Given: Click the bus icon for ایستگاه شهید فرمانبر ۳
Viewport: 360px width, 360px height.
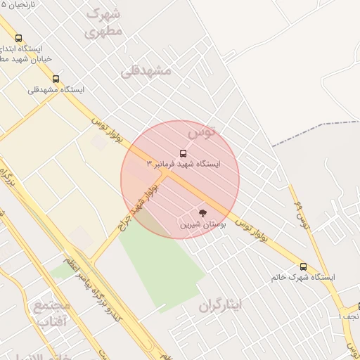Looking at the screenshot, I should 184,153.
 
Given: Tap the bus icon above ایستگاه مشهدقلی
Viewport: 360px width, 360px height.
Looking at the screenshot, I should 56,79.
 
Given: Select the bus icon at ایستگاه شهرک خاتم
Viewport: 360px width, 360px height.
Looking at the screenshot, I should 304,266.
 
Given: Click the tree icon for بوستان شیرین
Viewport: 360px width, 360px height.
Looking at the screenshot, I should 203,213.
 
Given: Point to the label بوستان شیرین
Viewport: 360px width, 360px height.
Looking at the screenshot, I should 203,225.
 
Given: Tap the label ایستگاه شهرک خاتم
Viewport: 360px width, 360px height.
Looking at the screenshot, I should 303,278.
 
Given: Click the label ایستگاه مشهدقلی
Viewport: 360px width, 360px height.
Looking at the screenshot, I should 56,90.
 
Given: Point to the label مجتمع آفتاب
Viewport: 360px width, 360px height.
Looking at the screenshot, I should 51,314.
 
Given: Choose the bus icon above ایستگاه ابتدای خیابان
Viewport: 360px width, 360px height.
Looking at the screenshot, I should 18,39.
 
